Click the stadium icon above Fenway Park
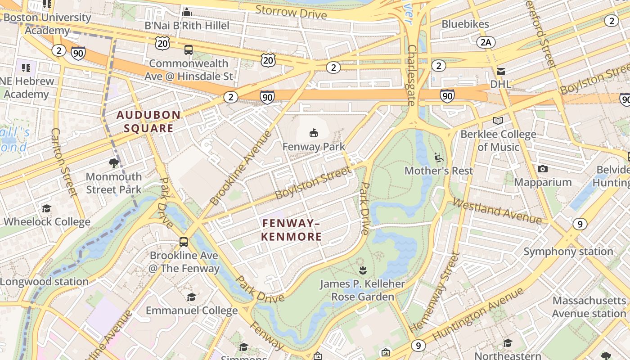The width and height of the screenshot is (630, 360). (314, 133)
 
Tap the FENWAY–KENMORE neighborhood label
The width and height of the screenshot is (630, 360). (292, 230)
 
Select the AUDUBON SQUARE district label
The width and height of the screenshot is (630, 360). (149, 121)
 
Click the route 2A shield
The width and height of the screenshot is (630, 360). (486, 42)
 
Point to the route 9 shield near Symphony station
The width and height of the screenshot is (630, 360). (580, 224)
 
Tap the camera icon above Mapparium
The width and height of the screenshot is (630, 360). (543, 169)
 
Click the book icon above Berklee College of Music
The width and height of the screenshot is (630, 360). (498, 121)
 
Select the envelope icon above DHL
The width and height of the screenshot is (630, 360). (500, 72)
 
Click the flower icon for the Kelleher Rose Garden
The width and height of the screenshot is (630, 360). (362, 270)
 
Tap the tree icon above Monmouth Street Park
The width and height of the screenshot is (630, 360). (114, 163)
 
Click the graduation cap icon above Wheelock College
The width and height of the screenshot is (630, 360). (47, 208)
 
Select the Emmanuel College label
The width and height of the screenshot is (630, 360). (192, 310)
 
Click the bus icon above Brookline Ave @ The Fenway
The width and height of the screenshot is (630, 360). (184, 242)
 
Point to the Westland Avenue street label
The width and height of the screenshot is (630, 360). (497, 211)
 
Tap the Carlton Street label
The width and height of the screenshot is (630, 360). (65, 162)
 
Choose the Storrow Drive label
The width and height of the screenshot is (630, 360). (291, 12)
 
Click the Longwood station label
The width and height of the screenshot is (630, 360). (44, 282)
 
